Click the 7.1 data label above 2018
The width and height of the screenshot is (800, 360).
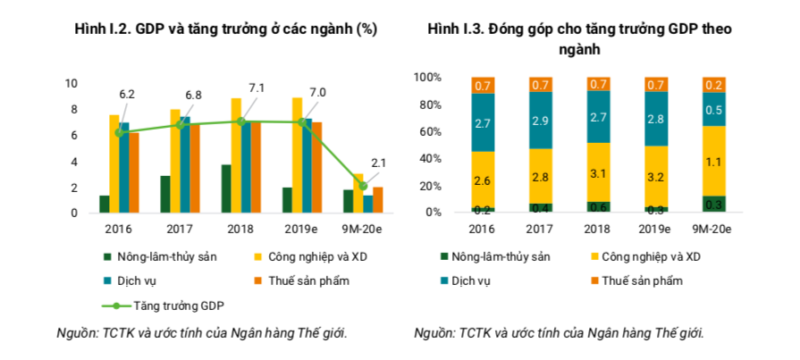tap(257, 88)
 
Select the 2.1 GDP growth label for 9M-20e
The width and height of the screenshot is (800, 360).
tap(378, 163)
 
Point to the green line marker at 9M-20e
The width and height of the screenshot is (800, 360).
tap(363, 186)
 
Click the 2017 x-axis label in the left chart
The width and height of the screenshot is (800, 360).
tap(179, 229)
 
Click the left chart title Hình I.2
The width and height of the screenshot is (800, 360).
tap(225, 29)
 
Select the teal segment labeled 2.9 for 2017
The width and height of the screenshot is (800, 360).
tap(540, 120)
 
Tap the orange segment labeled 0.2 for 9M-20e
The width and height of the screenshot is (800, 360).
tap(714, 85)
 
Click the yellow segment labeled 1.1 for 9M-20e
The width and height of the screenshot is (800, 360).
tap(714, 162)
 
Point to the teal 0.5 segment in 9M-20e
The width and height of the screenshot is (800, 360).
tap(714, 109)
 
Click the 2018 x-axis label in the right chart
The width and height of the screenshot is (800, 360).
tap(599, 229)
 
